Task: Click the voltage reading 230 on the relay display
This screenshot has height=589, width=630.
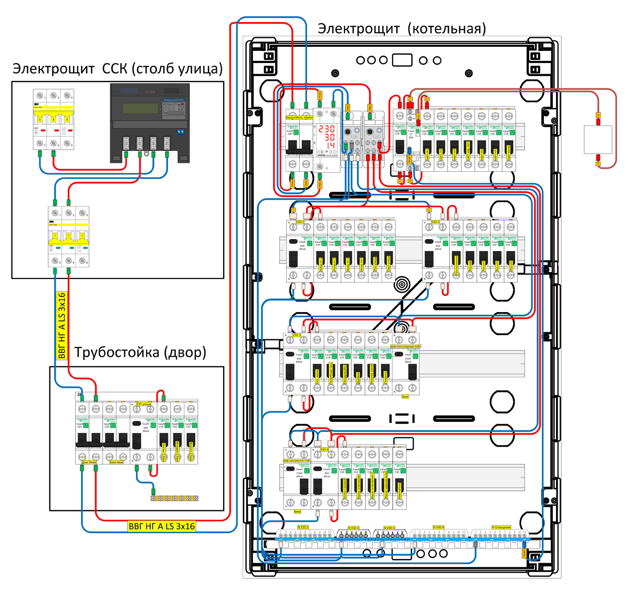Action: (326, 129)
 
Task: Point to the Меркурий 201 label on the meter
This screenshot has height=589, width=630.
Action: (174, 100)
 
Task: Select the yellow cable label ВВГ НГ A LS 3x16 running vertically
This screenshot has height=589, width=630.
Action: (62, 326)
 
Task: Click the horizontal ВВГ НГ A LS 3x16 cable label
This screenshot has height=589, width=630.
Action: (162, 526)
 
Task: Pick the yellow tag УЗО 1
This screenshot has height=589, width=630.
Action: (300, 222)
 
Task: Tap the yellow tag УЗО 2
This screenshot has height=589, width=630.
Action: (436, 222)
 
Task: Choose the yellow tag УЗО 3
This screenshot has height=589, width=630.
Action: (297, 335)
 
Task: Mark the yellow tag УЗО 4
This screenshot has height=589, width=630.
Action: (324, 450)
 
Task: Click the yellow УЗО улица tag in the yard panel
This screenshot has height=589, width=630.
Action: (144, 404)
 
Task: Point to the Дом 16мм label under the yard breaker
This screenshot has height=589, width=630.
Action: (89, 463)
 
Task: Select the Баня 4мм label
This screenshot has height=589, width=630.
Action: (117, 463)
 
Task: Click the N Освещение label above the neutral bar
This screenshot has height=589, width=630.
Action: (501, 527)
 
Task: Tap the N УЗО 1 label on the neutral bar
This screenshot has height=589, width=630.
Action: (303, 526)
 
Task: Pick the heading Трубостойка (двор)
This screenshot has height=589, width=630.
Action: (140, 352)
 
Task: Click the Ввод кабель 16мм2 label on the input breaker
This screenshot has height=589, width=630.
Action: (299, 117)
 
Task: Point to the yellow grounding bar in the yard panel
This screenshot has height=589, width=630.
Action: (175, 498)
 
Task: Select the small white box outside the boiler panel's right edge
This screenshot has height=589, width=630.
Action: (598, 139)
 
